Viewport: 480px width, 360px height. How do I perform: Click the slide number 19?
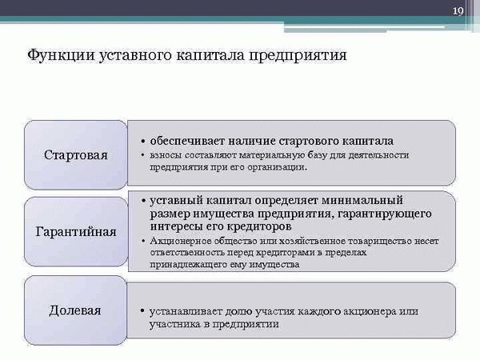pyautogui.click(x=458, y=11)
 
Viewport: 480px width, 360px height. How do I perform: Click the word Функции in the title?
pyautogui.click(x=62, y=56)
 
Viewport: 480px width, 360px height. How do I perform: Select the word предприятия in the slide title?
pyautogui.click(x=298, y=56)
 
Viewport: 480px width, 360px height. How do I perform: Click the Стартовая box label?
pyautogui.click(x=76, y=155)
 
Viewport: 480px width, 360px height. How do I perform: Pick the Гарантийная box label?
pyautogui.click(x=76, y=232)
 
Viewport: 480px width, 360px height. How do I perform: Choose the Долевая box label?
pyautogui.click(x=75, y=310)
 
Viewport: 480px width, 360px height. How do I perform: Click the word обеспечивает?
pyautogui.click(x=187, y=141)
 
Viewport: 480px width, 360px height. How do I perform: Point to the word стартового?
pyautogui.click(x=309, y=142)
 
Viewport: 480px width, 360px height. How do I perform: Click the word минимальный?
pyautogui.click(x=362, y=200)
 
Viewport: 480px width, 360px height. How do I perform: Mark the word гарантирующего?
pyautogui.click(x=385, y=214)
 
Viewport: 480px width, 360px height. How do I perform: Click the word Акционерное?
pyautogui.click(x=180, y=242)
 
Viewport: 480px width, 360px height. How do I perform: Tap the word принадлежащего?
pyautogui.click(x=188, y=265)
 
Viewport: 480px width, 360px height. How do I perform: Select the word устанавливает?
pyautogui.click(x=186, y=312)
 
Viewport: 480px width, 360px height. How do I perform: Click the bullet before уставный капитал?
pyautogui.click(x=143, y=201)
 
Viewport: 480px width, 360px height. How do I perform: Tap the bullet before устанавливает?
pyautogui.click(x=142, y=311)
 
